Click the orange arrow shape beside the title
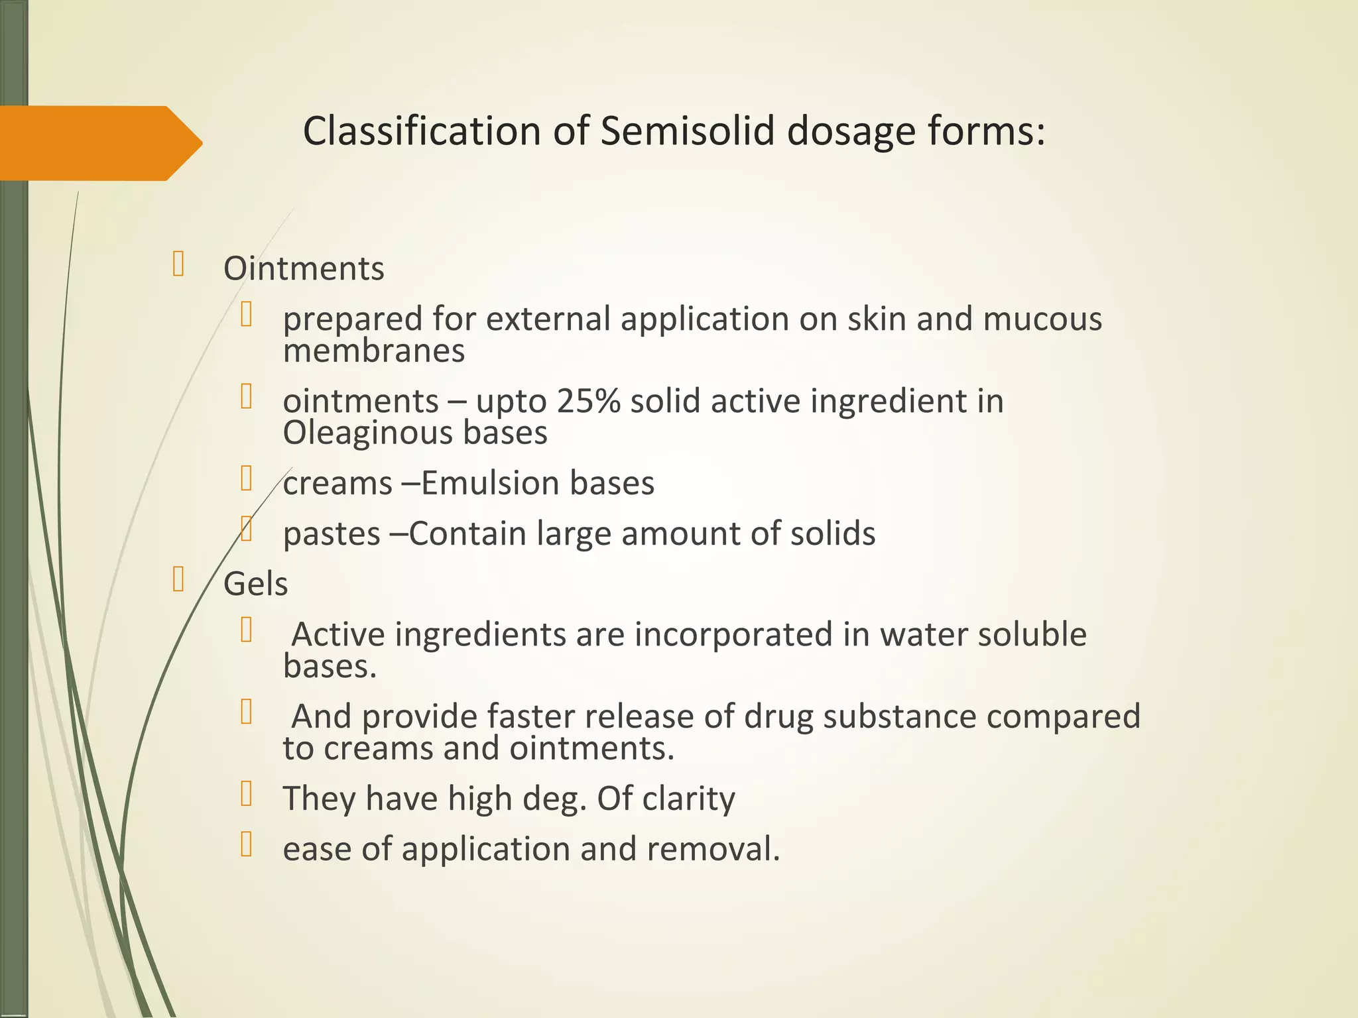(99, 143)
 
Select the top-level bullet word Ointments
(304, 269)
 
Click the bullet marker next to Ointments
(178, 264)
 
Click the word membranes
(374, 351)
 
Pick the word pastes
(332, 534)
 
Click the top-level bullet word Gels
(256, 585)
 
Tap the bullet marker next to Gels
(178, 579)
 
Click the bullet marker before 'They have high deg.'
(247, 793)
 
